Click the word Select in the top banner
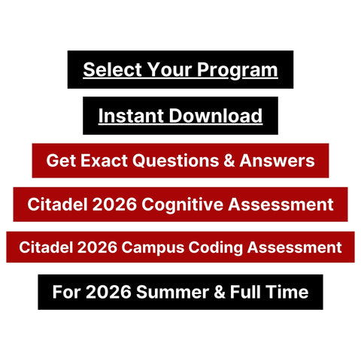108,70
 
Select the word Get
59,160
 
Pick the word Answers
275,160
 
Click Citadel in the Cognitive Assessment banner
53,204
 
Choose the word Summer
169,291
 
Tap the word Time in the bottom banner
286,291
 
